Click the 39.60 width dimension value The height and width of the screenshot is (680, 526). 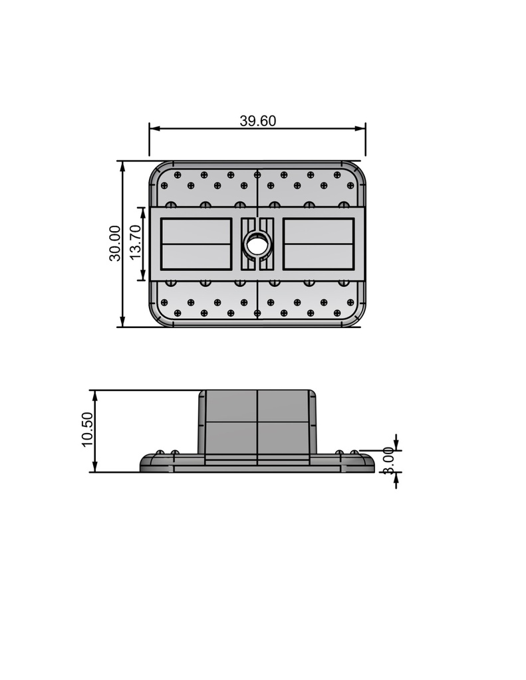pos(257,121)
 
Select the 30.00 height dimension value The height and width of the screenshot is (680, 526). pos(115,243)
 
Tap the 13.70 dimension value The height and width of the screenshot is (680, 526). pos(135,243)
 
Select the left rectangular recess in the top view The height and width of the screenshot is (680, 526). pos(197,244)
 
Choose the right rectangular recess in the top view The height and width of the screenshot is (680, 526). pos(318,244)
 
